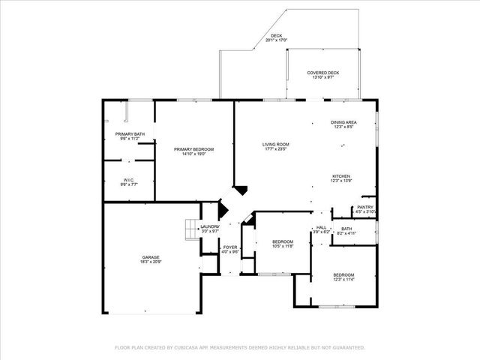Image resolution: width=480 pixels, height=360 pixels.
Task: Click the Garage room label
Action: pyautogui.click(x=151, y=257)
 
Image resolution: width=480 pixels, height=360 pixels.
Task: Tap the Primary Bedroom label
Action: pyautogui.click(x=193, y=149)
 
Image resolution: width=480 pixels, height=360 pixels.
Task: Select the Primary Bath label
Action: pyautogui.click(x=128, y=134)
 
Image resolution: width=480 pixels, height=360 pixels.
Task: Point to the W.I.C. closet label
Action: pyautogui.click(x=128, y=180)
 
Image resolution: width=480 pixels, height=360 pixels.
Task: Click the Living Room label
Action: pyautogui.click(x=275, y=144)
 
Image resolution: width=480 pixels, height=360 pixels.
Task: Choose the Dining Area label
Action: pyautogui.click(x=343, y=122)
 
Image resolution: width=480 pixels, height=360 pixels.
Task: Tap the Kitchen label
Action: pyautogui.click(x=342, y=176)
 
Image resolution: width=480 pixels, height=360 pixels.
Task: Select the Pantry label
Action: pyautogui.click(x=365, y=207)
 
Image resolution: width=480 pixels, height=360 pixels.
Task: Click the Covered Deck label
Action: pyautogui.click(x=322, y=73)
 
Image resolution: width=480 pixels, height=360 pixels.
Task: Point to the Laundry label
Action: pyautogui.click(x=210, y=226)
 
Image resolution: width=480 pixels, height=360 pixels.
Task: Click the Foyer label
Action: pyautogui.click(x=230, y=247)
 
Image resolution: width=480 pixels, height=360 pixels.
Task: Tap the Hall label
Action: pyautogui.click(x=321, y=228)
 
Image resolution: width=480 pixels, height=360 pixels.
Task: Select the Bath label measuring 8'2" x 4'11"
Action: pyautogui.click(x=346, y=229)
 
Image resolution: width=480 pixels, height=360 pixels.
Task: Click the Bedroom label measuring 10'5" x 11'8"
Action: pyautogui.click(x=283, y=241)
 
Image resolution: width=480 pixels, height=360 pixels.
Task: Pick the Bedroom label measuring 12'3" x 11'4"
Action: pyautogui.click(x=343, y=275)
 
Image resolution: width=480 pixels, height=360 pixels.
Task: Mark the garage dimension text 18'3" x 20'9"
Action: pyautogui.click(x=151, y=262)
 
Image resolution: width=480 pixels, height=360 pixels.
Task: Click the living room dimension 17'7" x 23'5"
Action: pyautogui.click(x=275, y=148)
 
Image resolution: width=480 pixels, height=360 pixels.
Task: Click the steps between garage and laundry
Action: pyautogui.click(x=190, y=228)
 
